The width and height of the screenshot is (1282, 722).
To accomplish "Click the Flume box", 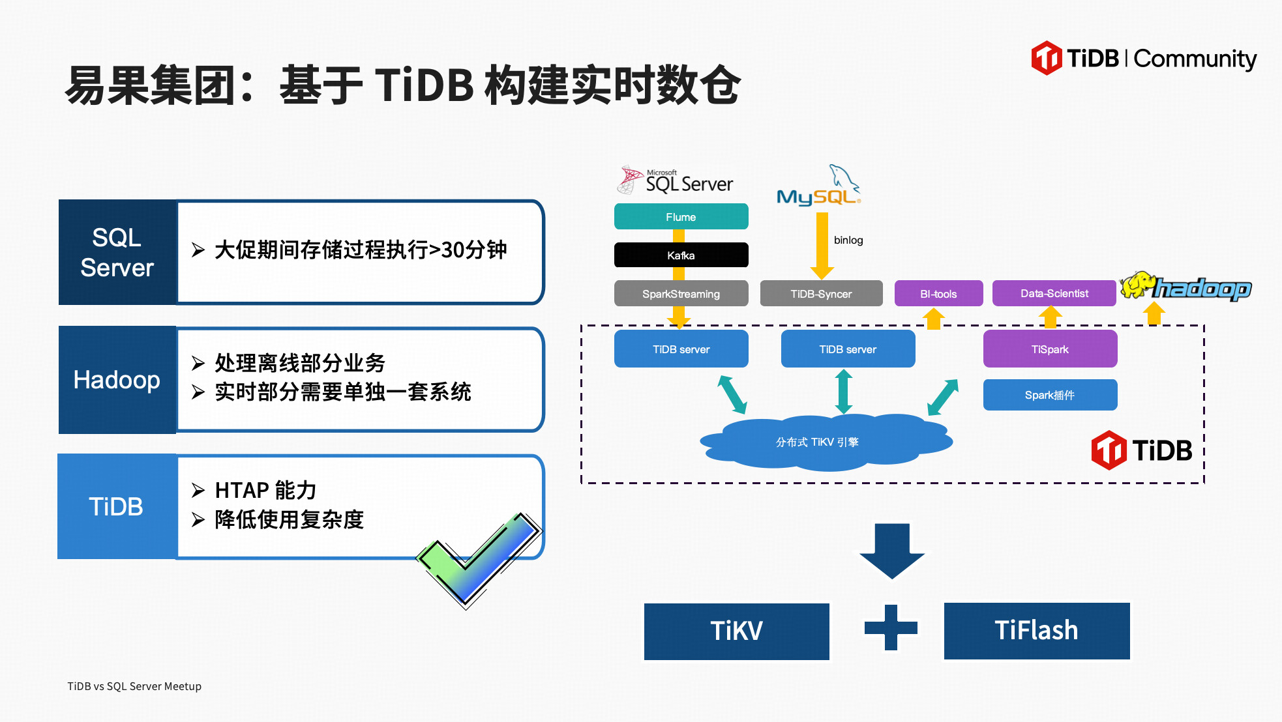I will pos(681,216).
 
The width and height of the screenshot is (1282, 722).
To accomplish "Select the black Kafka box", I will pos(681,255).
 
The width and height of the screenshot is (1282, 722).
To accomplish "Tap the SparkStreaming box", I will pos(681,293).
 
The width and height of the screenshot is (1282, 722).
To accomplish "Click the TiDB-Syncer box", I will pos(821,293).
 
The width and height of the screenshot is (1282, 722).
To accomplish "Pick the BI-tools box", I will pos(938,293).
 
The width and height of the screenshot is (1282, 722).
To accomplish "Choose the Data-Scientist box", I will pos(1054,293).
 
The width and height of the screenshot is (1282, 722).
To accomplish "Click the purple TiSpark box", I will pos(1050,349).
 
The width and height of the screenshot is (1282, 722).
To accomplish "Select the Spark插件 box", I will pos(1050,395).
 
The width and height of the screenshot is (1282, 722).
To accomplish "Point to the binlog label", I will pos(848,240).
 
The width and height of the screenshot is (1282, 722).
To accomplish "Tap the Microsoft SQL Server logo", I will pos(676,180).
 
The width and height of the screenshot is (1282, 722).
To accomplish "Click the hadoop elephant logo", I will pos(1185,287).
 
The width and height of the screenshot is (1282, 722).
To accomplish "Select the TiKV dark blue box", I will pos(736,631).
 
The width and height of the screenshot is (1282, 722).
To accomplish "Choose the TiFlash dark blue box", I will pos(1036,631).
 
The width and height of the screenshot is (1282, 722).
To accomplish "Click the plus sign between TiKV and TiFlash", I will pos(891,628).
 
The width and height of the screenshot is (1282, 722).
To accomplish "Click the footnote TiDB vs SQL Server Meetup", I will pos(134,686).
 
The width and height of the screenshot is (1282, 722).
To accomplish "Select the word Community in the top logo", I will pos(1195,59).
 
